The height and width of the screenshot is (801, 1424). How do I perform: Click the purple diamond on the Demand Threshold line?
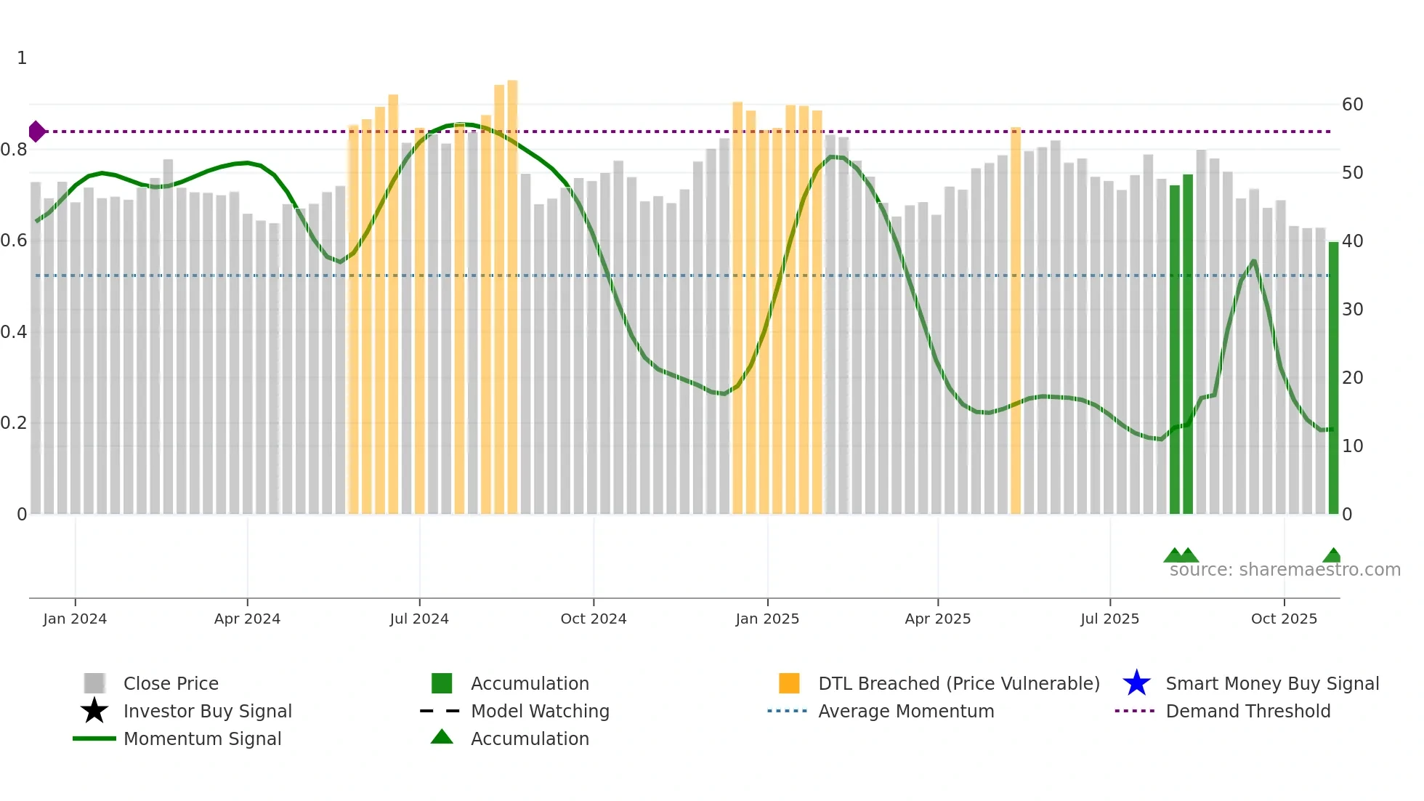pyautogui.click(x=36, y=132)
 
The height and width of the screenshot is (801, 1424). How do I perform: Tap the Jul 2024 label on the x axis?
pyautogui.click(x=419, y=619)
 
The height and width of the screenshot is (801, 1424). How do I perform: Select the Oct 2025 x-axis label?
pyautogui.click(x=1284, y=619)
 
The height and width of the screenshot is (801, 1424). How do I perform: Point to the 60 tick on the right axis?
pyautogui.click(x=1352, y=105)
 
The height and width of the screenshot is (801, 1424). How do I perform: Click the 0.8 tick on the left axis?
pyautogui.click(x=14, y=150)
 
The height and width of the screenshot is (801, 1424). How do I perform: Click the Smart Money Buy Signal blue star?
pyautogui.click(x=1136, y=683)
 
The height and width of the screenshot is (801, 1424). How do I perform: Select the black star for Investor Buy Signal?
pyautogui.click(x=94, y=711)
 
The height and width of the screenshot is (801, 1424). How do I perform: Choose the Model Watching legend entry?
pyautogui.click(x=540, y=711)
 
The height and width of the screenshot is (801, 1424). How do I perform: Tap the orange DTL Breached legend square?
pyautogui.click(x=789, y=683)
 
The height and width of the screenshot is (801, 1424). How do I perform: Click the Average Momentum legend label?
pyautogui.click(x=906, y=711)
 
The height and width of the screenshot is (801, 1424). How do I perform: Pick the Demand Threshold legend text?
pyautogui.click(x=1247, y=711)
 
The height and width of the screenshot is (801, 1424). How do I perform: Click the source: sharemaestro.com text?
pyautogui.click(x=1285, y=570)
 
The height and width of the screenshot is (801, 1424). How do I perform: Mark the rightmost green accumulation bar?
pyautogui.click(x=1333, y=378)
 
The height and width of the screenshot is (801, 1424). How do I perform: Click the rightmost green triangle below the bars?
pyautogui.click(x=1332, y=555)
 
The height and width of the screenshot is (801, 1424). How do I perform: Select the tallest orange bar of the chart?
pyautogui.click(x=512, y=298)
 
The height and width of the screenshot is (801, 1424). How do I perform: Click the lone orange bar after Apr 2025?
pyautogui.click(x=1016, y=320)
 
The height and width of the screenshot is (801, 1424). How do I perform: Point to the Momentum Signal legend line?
pyautogui.click(x=94, y=738)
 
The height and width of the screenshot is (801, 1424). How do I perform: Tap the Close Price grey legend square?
pyautogui.click(x=94, y=683)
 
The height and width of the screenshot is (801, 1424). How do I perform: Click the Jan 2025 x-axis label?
pyautogui.click(x=767, y=619)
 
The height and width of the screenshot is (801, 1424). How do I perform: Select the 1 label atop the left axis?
pyautogui.click(x=22, y=58)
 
